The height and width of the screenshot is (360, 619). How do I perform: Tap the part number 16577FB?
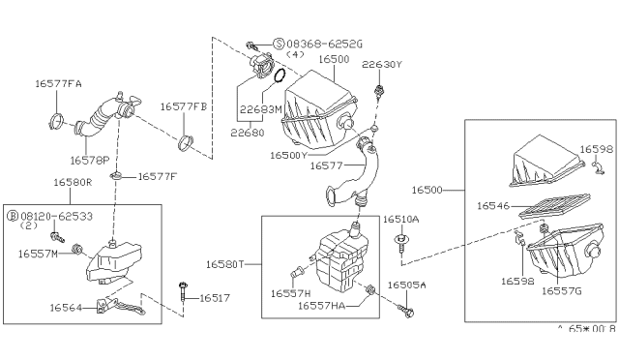pos(184,105)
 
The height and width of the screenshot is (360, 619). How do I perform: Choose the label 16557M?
pos(39,254)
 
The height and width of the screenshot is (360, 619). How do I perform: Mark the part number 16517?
pos(217,299)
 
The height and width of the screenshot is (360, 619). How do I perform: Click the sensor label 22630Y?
pos(380,64)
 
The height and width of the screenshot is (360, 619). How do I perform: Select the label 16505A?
pos(407,285)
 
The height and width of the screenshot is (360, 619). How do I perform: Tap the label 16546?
pos(493,205)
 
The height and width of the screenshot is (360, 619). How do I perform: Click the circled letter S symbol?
pos(280,45)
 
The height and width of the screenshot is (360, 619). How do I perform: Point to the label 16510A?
pos(402,220)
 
